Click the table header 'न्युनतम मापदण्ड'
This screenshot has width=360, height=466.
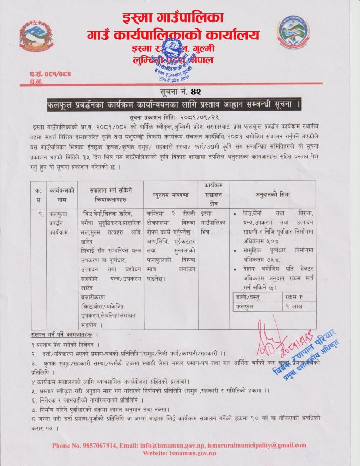point(171,194)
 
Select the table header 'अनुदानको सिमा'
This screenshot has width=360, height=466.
point(273,195)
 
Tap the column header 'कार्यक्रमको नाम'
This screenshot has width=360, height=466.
point(62,194)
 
